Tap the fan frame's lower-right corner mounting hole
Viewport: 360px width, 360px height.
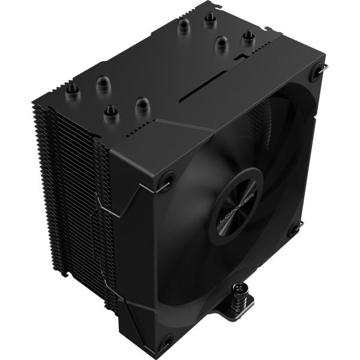click(x=294, y=229)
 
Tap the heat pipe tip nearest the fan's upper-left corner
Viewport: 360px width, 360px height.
click(x=142, y=106)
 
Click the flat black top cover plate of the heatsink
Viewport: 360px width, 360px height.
click(x=150, y=66)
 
